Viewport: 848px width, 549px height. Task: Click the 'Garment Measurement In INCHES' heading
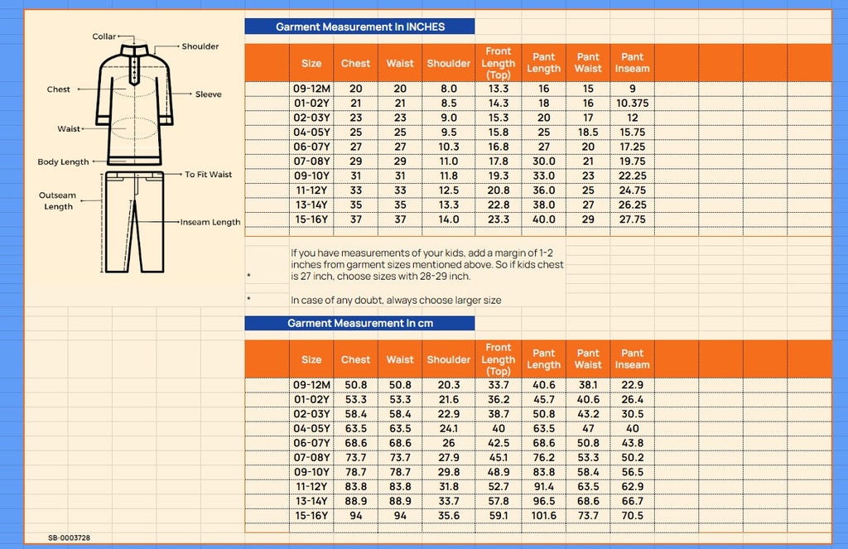pos(359,26)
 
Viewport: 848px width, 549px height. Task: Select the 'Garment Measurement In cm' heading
pos(359,323)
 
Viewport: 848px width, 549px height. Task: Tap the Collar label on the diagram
pos(104,36)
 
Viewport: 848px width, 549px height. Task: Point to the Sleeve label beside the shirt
pos(209,94)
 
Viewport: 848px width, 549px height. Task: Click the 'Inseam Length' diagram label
pos(212,222)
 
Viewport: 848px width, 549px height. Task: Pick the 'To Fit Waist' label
pos(208,175)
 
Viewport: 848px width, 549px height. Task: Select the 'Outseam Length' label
pos(58,200)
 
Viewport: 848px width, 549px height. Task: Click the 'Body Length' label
pos(63,162)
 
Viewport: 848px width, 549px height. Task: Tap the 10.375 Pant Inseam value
pos(633,104)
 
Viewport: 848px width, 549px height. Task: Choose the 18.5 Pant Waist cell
pos(588,132)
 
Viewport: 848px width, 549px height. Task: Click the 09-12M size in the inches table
pos(311,89)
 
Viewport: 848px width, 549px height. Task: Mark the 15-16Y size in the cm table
pos(311,516)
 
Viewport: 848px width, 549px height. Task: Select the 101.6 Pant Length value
pos(543,516)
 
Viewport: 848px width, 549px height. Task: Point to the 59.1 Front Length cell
pos(499,516)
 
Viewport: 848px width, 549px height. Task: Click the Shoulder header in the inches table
pos(449,64)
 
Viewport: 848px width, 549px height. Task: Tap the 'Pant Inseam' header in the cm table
pos(633,359)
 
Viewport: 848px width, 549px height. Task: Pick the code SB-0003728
pos(70,538)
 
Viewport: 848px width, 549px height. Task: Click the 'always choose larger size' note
pos(396,300)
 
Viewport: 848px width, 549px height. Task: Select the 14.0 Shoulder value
pos(449,219)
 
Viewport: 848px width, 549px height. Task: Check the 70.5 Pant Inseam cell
pos(633,516)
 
